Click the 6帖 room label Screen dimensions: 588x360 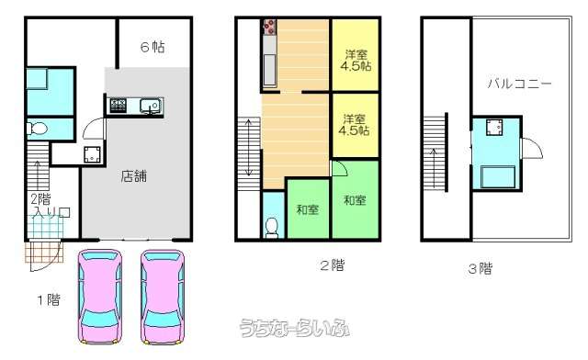153,47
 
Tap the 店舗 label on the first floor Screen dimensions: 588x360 134,176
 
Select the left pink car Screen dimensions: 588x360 100,297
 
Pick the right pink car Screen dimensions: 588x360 163,297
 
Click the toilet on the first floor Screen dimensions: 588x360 37,129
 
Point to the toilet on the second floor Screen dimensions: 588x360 272,228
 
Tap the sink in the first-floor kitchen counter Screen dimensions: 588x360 151,106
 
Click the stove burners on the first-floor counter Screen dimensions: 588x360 119,105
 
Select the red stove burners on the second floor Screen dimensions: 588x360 269,27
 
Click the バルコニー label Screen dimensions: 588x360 519,84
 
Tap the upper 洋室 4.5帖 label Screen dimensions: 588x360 356,61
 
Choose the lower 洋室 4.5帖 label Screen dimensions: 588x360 354,125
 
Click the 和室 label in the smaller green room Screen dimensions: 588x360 308,209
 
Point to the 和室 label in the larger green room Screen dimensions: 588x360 355,200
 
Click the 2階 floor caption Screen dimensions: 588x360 333,265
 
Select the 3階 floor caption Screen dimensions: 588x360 481,268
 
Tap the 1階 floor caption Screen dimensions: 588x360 49,299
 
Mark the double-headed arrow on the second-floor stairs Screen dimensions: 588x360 249,147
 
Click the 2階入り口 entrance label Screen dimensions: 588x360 50,206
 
